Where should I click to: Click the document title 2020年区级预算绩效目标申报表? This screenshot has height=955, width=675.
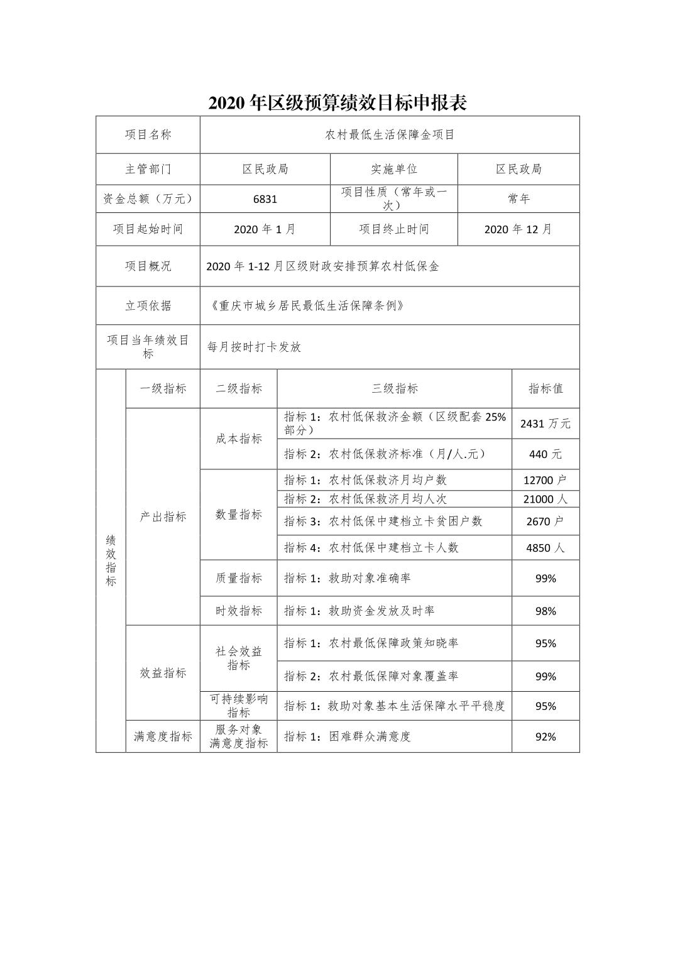(337, 103)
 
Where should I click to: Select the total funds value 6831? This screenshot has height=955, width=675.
(265, 199)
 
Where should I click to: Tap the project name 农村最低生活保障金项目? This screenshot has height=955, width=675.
(390, 134)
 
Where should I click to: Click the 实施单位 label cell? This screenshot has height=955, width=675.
(393, 169)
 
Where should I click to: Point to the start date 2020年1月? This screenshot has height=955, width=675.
(265, 229)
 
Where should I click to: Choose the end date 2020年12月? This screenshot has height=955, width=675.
(518, 229)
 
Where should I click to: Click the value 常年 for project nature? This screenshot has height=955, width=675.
(519, 199)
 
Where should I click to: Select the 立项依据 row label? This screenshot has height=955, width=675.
(148, 306)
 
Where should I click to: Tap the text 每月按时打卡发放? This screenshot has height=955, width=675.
(255, 347)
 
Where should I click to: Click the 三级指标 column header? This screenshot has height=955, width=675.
(394, 389)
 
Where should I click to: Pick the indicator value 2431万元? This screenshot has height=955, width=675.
(545, 424)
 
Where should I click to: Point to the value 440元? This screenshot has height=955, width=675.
(545, 454)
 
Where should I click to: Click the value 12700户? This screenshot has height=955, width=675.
(545, 481)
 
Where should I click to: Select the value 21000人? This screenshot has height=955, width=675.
(545, 499)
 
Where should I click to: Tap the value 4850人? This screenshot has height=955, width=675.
(545, 548)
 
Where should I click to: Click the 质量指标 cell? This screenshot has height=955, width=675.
(238, 578)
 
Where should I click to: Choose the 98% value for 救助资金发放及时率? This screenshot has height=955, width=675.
(545, 611)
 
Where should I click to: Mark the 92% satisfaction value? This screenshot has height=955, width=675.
(545, 737)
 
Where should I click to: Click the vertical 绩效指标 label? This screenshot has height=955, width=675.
(111, 560)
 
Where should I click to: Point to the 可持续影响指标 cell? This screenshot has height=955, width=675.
(238, 706)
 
